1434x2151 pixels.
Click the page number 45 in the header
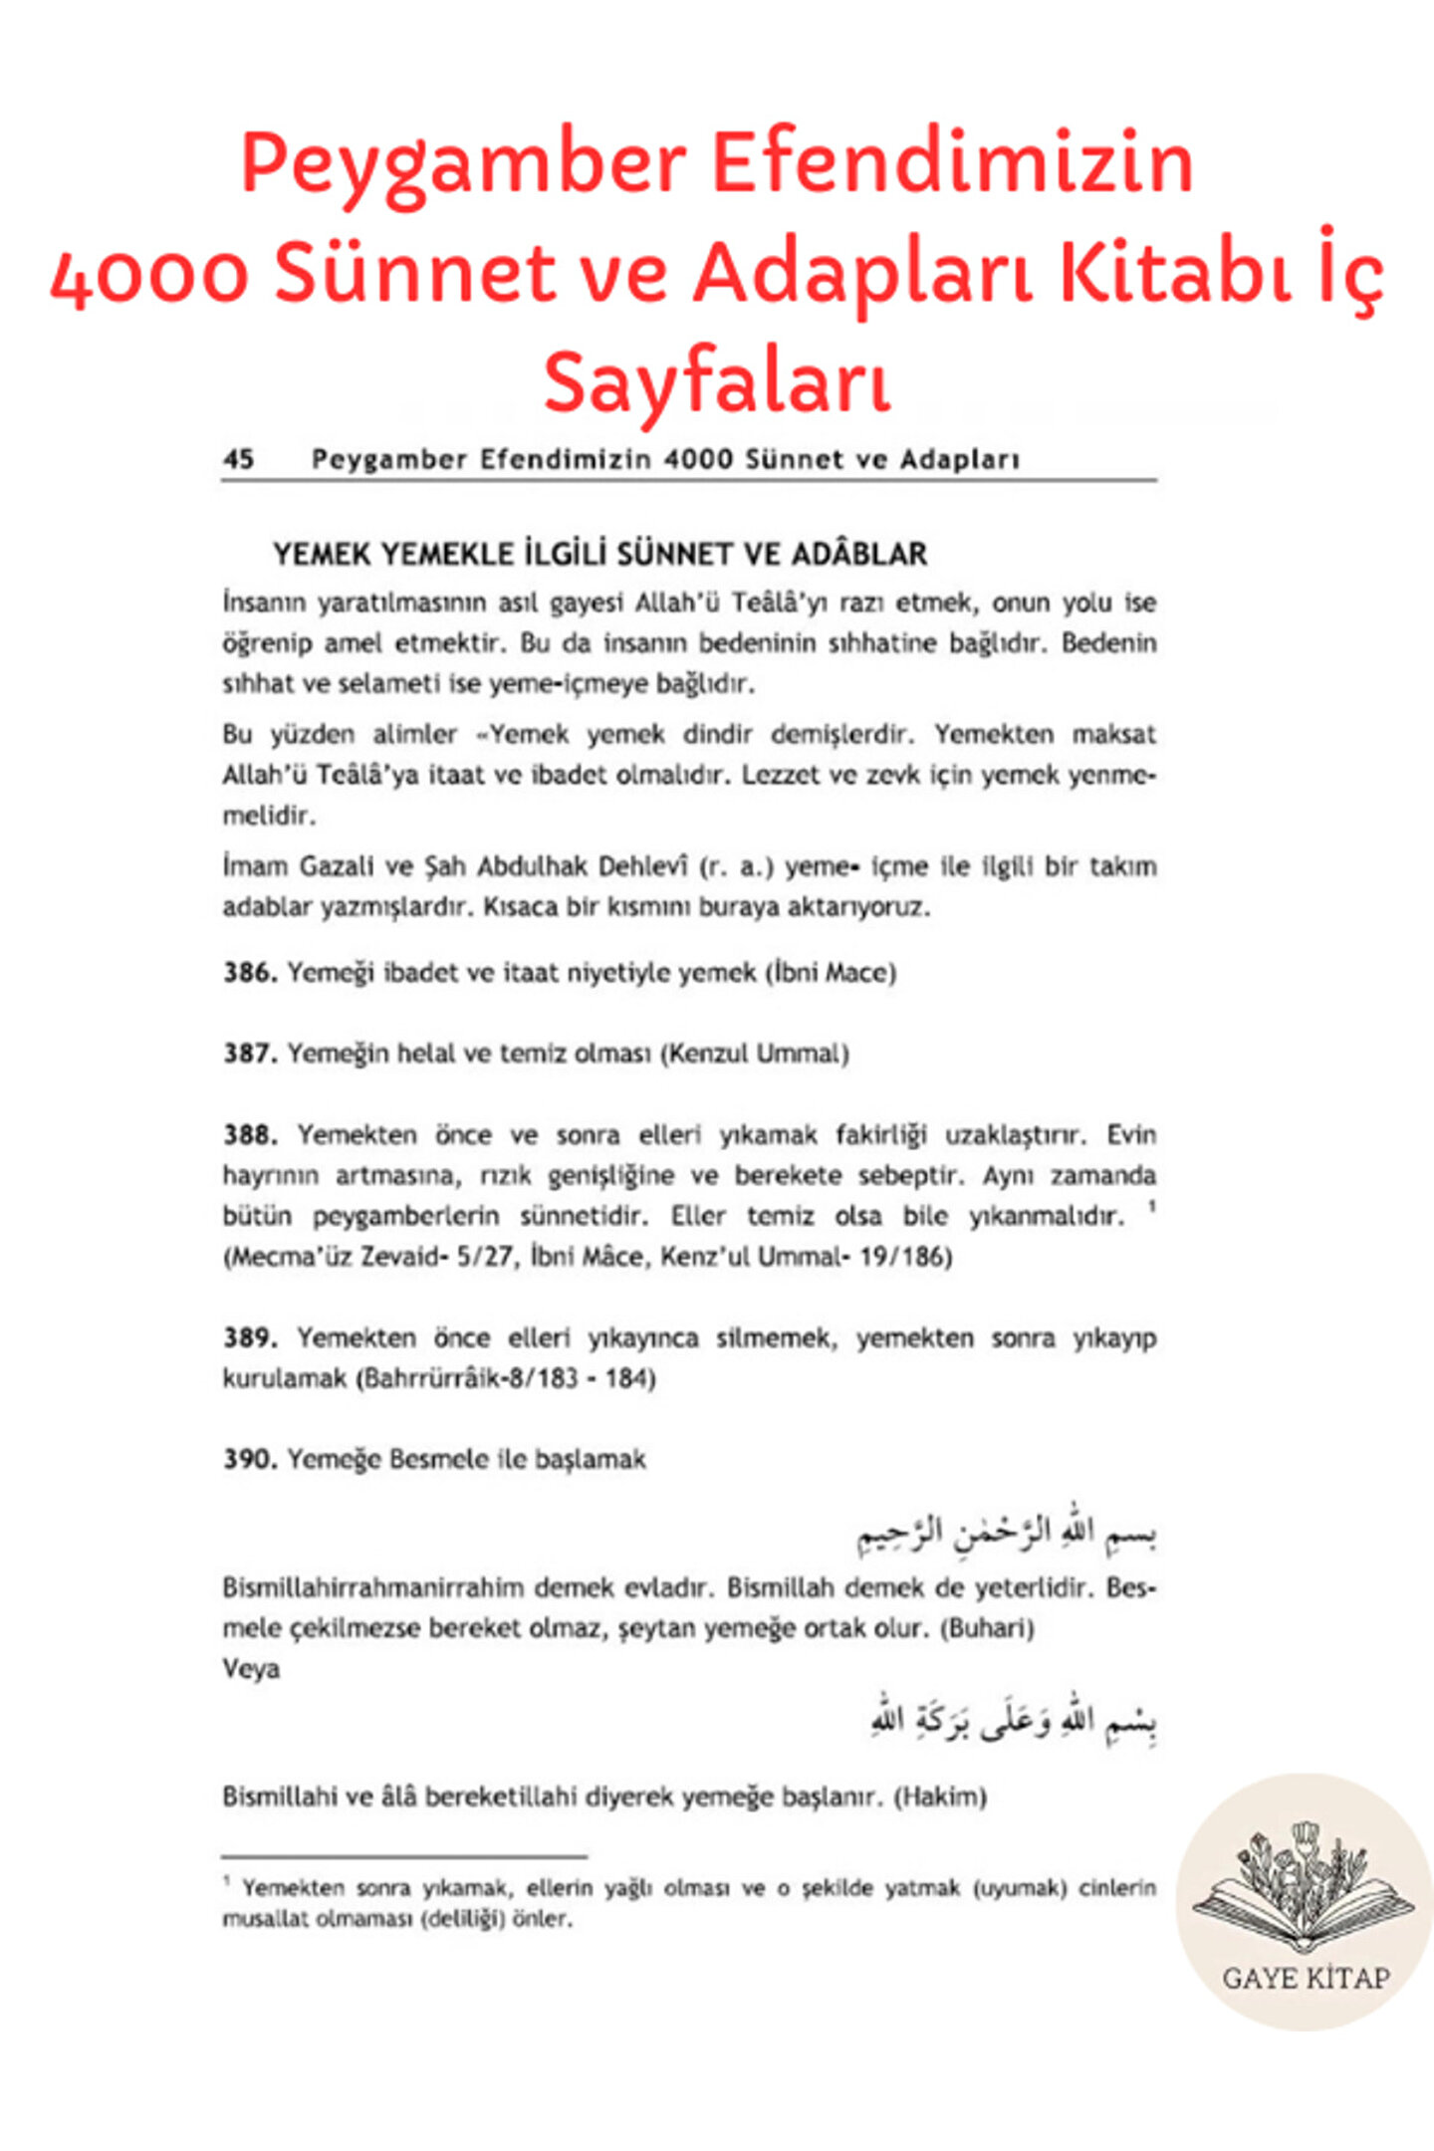point(239,459)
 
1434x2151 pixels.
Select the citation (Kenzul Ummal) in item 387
point(755,1054)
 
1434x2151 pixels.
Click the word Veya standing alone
point(251,1669)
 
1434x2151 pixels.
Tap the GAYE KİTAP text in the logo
point(1306,1978)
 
